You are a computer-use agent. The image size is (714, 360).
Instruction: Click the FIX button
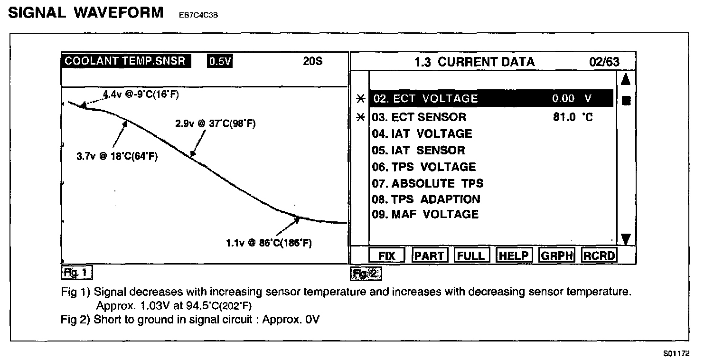[387, 256]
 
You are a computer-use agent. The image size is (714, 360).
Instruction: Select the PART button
[429, 256]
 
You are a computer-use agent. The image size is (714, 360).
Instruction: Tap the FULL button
[471, 256]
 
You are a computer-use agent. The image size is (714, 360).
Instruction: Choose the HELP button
[514, 256]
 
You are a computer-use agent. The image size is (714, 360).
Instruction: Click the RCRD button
[599, 256]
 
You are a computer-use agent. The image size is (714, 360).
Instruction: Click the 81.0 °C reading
[573, 117]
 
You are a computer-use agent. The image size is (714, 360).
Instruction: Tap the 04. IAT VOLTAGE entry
[422, 134]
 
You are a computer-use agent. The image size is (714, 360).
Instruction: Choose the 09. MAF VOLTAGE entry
[425, 214]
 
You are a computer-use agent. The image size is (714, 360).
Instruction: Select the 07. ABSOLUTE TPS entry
[428, 183]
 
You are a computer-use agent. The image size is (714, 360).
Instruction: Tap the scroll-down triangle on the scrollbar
[625, 239]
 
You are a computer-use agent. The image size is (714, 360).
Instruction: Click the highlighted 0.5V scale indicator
[219, 62]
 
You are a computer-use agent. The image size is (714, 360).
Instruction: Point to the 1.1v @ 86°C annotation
[269, 243]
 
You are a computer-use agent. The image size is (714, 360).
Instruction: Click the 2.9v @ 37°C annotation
[216, 123]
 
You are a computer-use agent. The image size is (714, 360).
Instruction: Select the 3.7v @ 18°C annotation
[117, 156]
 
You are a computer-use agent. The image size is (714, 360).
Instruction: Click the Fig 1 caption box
[76, 273]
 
